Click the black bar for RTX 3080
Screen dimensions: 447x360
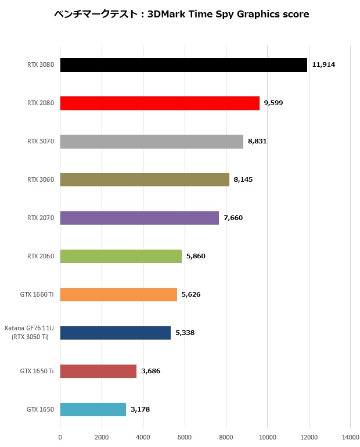click(x=183, y=65)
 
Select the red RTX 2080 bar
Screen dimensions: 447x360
click(x=160, y=103)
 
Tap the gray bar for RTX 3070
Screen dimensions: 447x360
click(x=152, y=142)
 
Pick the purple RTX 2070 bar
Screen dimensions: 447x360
click(x=139, y=218)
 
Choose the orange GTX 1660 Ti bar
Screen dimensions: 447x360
click(x=118, y=294)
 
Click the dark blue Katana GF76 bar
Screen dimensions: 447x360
click(x=115, y=333)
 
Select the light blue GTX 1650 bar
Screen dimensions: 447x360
click(x=93, y=409)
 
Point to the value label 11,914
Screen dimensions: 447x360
click(x=323, y=64)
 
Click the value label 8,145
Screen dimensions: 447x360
click(x=243, y=179)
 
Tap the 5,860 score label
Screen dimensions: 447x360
click(x=196, y=256)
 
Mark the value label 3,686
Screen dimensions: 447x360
click(x=150, y=371)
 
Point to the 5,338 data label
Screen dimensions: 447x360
click(x=185, y=333)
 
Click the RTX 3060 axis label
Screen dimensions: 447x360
click(x=41, y=179)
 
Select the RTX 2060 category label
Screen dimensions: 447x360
click(x=41, y=256)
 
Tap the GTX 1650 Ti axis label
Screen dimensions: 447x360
click(x=37, y=371)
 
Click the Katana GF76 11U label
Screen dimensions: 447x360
click(x=29, y=329)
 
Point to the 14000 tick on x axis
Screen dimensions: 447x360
click(x=350, y=437)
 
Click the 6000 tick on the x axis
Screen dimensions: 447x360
click(x=185, y=437)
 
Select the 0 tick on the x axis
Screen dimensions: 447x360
click(x=60, y=437)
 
